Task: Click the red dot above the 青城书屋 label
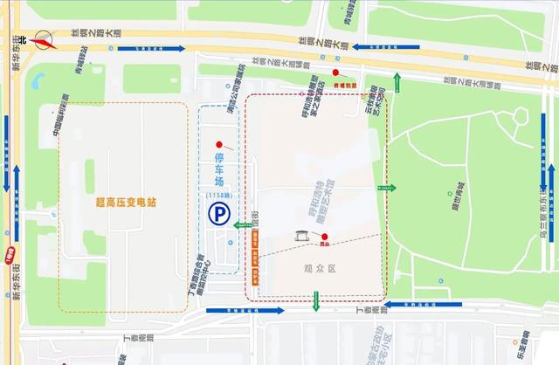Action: click(x=335, y=72)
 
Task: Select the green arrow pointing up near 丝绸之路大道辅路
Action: click(x=397, y=84)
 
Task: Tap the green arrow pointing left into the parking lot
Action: click(x=243, y=224)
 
